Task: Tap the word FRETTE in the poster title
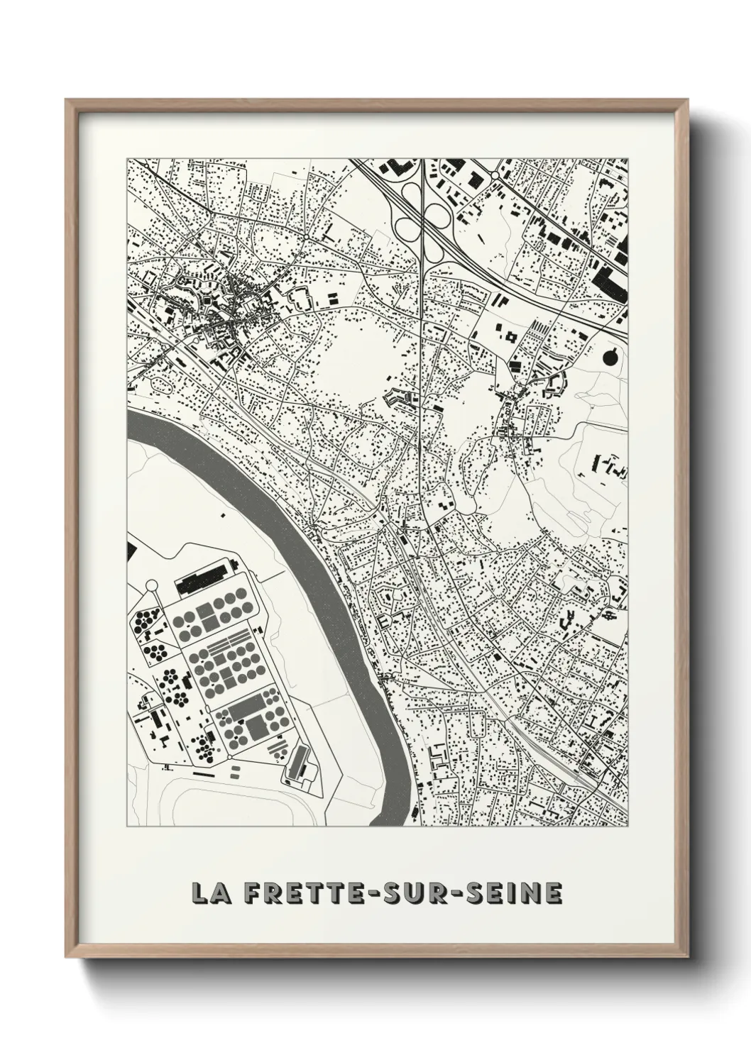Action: click(302, 893)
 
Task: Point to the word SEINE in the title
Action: click(514, 893)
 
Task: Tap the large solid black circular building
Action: click(610, 358)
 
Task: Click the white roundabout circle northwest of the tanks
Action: click(150, 585)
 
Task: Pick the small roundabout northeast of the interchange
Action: click(495, 174)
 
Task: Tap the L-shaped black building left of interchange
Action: click(395, 169)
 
